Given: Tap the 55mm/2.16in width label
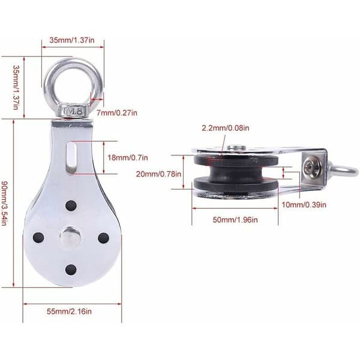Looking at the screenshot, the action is coord(69,311).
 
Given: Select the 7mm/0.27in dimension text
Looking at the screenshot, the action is coord(117,113).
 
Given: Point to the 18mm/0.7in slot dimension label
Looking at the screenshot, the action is coord(128,158).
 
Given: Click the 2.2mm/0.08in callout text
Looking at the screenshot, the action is coord(226,128).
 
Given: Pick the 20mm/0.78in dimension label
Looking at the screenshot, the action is coord(158,174).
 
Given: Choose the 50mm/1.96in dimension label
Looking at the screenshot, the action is coord(235,220).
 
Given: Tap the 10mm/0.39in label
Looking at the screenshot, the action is coord(304,205).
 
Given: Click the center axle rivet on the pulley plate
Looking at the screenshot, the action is coord(70,237).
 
